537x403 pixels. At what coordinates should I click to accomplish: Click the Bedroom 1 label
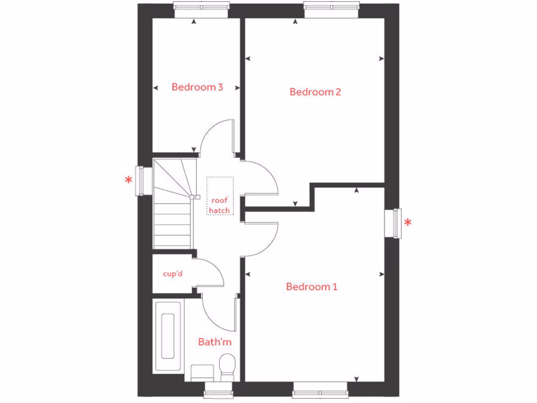click(x=312, y=287)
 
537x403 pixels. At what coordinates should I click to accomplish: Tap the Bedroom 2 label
click(x=315, y=92)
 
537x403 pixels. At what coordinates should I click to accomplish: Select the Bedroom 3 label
click(x=197, y=87)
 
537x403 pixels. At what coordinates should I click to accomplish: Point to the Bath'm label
click(x=214, y=342)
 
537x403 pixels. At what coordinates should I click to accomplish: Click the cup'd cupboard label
click(x=173, y=273)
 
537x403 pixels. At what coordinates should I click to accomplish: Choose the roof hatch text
click(x=220, y=205)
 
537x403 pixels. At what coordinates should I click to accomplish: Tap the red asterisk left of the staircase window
click(x=128, y=181)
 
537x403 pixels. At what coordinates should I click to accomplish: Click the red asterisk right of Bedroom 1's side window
click(x=407, y=223)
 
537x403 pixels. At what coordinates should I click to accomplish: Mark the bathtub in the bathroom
click(x=168, y=336)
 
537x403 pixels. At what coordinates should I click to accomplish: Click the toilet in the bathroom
click(x=228, y=367)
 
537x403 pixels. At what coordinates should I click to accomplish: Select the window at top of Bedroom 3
click(x=201, y=6)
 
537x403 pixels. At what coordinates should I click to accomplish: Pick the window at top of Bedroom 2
click(x=331, y=6)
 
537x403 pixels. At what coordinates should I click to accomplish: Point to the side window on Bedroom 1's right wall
click(x=393, y=223)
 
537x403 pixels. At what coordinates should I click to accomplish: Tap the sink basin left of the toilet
click(x=201, y=373)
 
